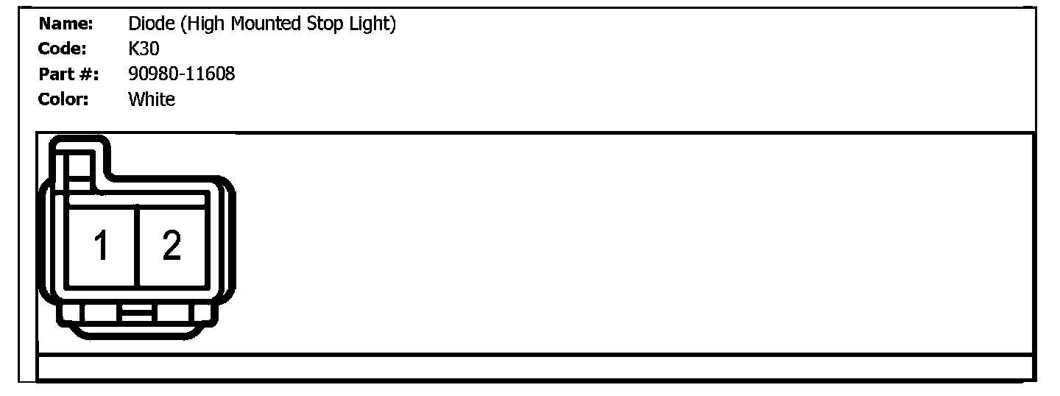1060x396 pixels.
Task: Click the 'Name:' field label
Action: [66, 24]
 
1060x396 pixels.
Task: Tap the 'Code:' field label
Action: [63, 49]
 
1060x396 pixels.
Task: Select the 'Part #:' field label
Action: [68, 74]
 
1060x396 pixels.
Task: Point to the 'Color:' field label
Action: [63, 99]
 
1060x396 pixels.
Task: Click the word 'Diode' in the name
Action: [151, 24]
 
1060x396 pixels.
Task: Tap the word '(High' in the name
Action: [203, 24]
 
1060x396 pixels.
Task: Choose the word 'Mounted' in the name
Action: [266, 24]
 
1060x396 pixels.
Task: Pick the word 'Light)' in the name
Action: [373, 24]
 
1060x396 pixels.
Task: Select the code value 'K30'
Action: [144, 49]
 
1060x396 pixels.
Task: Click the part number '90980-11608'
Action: [181, 74]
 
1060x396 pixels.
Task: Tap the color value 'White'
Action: [152, 99]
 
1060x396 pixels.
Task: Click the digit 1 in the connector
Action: [102, 246]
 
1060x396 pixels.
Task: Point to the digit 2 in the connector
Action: [172, 246]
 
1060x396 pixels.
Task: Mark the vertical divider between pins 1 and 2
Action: [137, 246]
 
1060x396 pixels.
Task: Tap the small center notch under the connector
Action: [137, 314]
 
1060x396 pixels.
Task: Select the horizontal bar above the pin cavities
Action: [137, 199]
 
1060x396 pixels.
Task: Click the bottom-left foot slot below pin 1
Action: [101, 314]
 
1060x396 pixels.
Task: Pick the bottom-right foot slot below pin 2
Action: [174, 314]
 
